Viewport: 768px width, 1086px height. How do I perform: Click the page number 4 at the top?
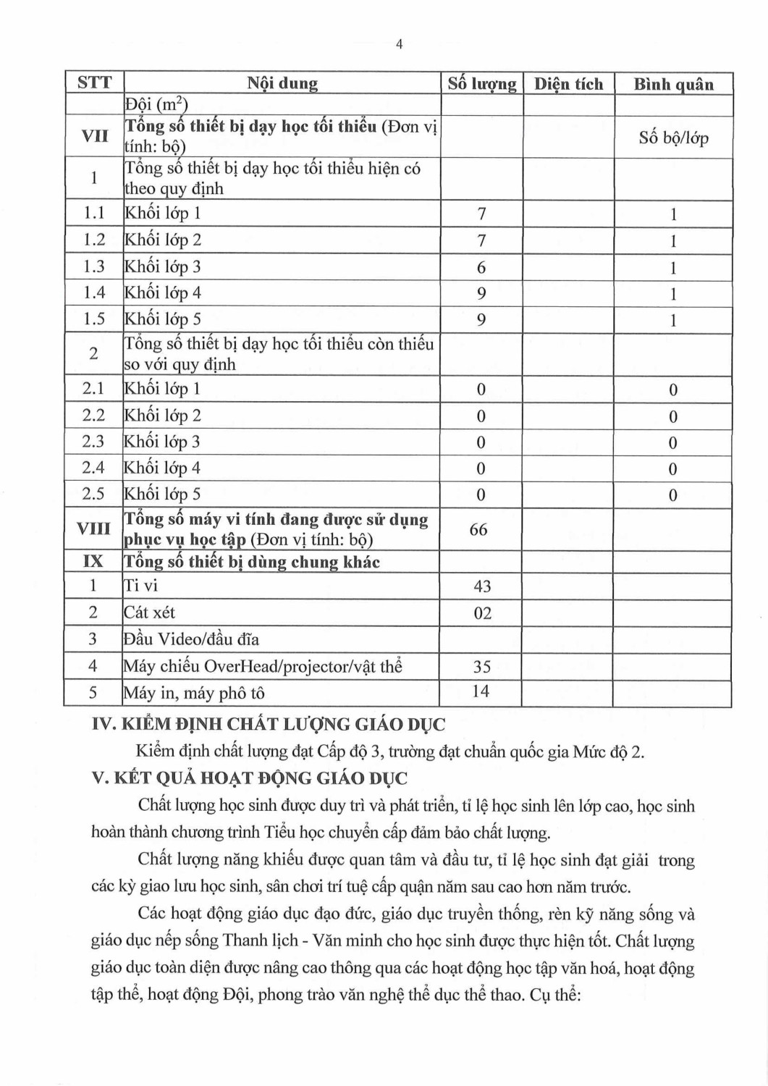399,45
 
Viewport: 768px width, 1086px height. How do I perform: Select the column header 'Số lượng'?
481,84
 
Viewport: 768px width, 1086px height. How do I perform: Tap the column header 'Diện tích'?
568,84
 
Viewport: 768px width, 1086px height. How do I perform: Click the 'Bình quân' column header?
673,84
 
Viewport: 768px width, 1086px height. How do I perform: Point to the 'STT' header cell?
94,83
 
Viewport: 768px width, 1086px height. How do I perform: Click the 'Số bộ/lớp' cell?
673,138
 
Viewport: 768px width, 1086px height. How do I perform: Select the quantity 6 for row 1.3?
481,267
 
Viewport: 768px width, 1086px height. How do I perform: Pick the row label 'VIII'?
93,529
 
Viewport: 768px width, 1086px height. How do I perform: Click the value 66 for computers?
478,529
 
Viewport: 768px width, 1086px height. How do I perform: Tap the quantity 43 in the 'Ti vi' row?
482,586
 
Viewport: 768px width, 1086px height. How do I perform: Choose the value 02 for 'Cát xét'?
482,613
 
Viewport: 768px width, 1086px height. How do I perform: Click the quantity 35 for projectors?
481,666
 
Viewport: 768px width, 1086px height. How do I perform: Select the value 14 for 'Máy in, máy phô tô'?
481,691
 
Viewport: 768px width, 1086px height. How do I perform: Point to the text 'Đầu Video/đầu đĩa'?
191,639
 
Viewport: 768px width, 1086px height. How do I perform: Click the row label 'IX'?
93,561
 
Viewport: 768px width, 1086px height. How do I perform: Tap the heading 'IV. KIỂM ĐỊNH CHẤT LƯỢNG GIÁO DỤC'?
269,724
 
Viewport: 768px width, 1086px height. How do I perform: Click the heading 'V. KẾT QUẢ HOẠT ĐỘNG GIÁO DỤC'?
250,778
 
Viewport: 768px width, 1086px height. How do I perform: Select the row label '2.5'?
93,494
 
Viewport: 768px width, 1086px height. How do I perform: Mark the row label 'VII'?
93,135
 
